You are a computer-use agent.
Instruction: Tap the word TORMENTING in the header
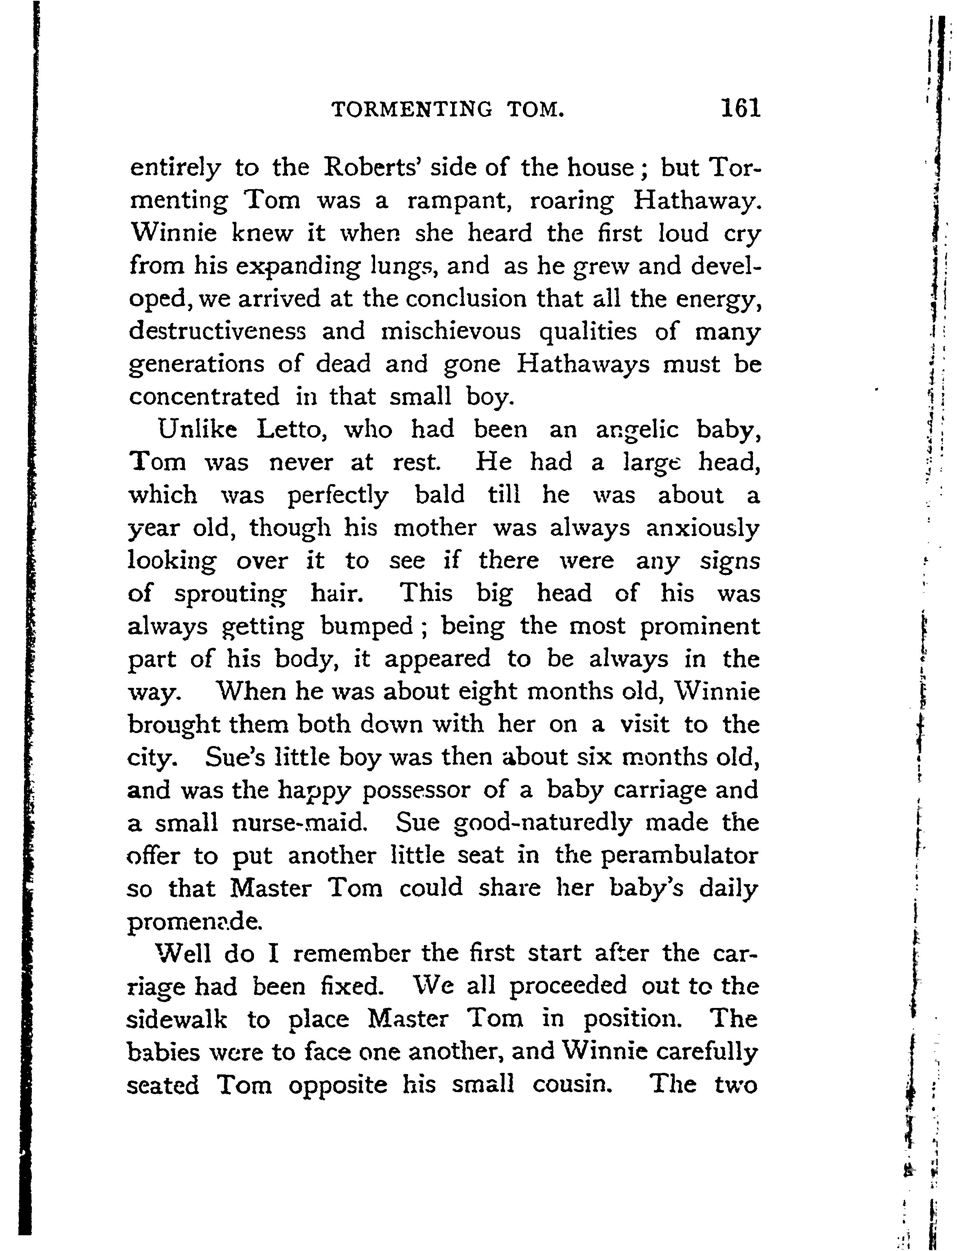click(x=411, y=109)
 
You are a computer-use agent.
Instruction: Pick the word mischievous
click(x=451, y=331)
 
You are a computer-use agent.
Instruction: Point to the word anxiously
click(x=702, y=529)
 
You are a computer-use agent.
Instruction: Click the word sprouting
click(x=230, y=595)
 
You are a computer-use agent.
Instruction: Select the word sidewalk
click(x=177, y=1019)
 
